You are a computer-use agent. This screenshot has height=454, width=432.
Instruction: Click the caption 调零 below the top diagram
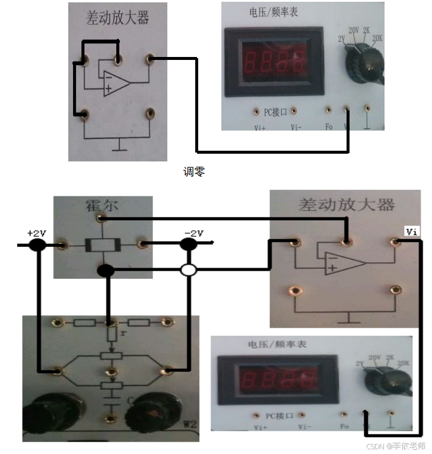(194, 172)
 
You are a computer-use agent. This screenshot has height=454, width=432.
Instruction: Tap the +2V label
(36, 233)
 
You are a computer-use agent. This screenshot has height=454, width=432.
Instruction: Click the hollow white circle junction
(188, 271)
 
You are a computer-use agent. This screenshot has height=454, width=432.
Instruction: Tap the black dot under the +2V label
(37, 245)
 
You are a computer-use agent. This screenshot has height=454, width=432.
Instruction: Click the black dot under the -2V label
(189, 244)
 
